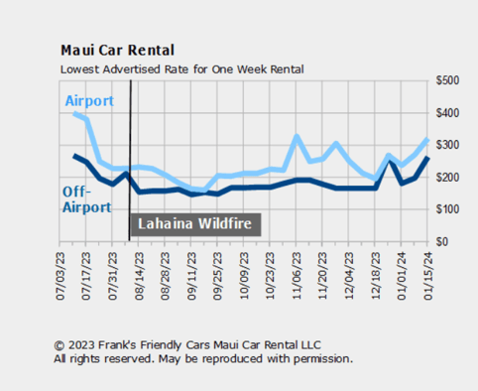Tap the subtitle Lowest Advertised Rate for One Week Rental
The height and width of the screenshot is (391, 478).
[x=182, y=69]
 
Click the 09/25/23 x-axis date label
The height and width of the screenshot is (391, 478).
[x=216, y=275]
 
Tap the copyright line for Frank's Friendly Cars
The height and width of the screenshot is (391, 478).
[x=187, y=345]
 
